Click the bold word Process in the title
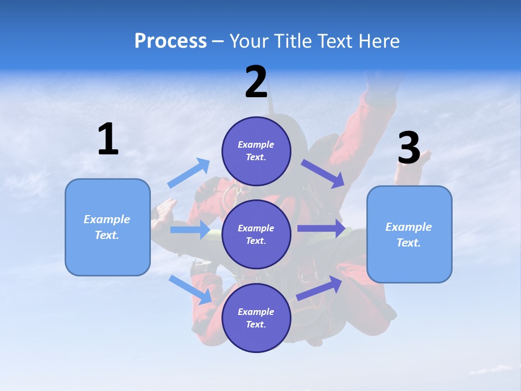170,41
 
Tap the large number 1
108,140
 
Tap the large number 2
256,82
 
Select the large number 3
409,148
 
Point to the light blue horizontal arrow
190,230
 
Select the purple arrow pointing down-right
323,174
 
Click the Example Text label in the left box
107,227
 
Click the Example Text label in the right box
409,235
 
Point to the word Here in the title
378,41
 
